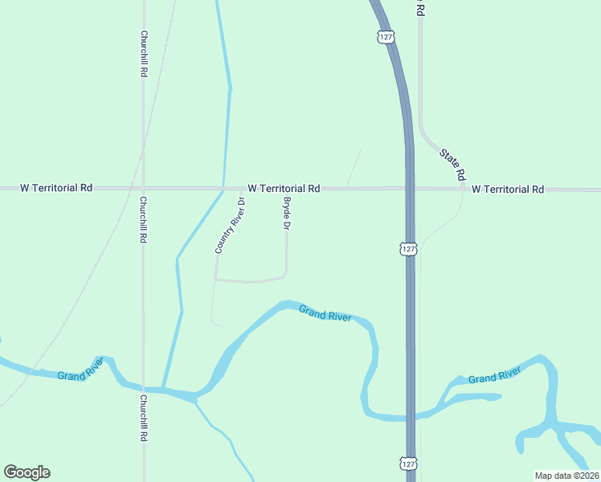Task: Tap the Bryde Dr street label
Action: (285, 214)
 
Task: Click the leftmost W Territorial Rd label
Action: (56, 188)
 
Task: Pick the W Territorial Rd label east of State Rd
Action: (508, 190)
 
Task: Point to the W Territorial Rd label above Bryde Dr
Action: (284, 188)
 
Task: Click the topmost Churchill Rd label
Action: (144, 55)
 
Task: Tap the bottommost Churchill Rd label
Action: (144, 418)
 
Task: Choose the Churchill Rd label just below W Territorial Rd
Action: (144, 220)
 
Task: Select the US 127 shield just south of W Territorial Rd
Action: (409, 248)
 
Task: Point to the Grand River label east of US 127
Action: (494, 375)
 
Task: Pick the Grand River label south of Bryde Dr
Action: (325, 313)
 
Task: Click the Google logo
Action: (27, 472)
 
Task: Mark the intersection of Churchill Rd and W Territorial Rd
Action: (144, 189)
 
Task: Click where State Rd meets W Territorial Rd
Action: (464, 190)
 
